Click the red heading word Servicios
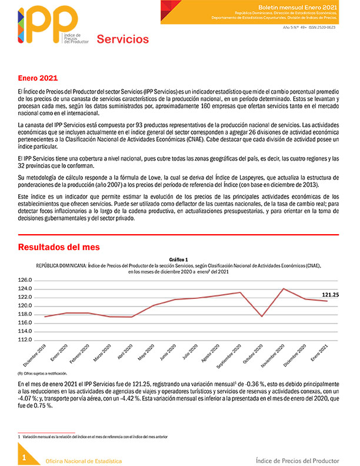point(122,39)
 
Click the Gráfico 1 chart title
point(178,259)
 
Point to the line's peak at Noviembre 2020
point(284,289)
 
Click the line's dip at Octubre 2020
point(261,317)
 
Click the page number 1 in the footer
point(24,457)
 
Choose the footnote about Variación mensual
point(94,437)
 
